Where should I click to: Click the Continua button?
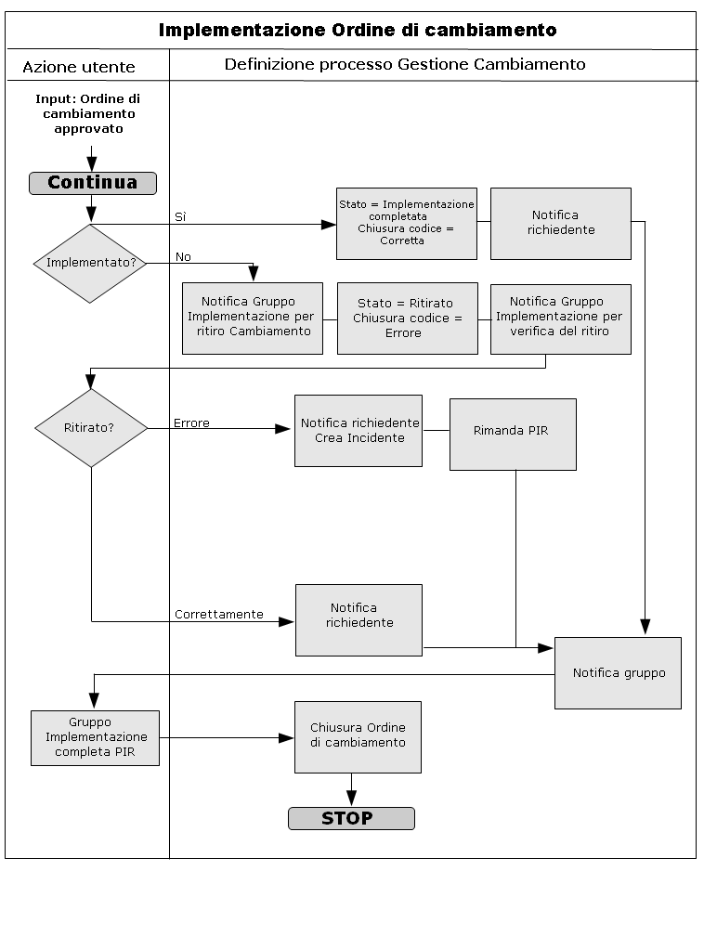coord(93,183)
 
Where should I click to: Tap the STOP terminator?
coord(351,818)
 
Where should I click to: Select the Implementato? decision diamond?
coord(91,263)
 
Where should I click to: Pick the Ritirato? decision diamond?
coord(91,428)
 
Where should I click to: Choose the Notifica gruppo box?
coord(618,673)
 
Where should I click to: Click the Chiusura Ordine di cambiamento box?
coord(358,736)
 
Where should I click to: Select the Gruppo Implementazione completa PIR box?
coord(95,738)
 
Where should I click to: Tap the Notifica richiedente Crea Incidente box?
coord(359,430)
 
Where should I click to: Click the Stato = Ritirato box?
coord(407,318)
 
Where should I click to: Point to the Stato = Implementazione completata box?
coord(406,223)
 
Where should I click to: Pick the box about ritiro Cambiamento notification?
coord(253,318)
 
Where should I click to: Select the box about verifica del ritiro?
coord(560,318)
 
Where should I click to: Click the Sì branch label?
coord(180,217)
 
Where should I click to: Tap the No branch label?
coord(183,257)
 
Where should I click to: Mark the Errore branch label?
coord(191,423)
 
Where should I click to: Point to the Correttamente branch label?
coord(219,615)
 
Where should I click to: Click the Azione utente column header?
coord(79,67)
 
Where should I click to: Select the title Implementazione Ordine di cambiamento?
coord(358,30)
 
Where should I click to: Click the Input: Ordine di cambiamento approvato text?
coord(88,113)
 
